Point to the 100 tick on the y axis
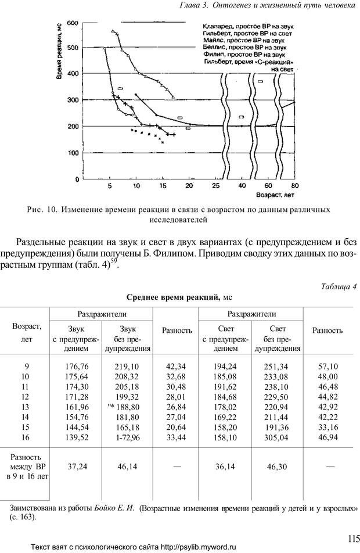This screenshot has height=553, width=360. tap(73, 153)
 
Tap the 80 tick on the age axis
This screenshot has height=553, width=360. tap(295, 185)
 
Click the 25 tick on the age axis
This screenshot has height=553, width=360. tap(216, 185)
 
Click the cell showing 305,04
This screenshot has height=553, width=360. tap(276, 437)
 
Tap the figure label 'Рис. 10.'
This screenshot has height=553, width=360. tap(42, 209)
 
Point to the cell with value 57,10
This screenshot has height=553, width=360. tap(329, 366)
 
